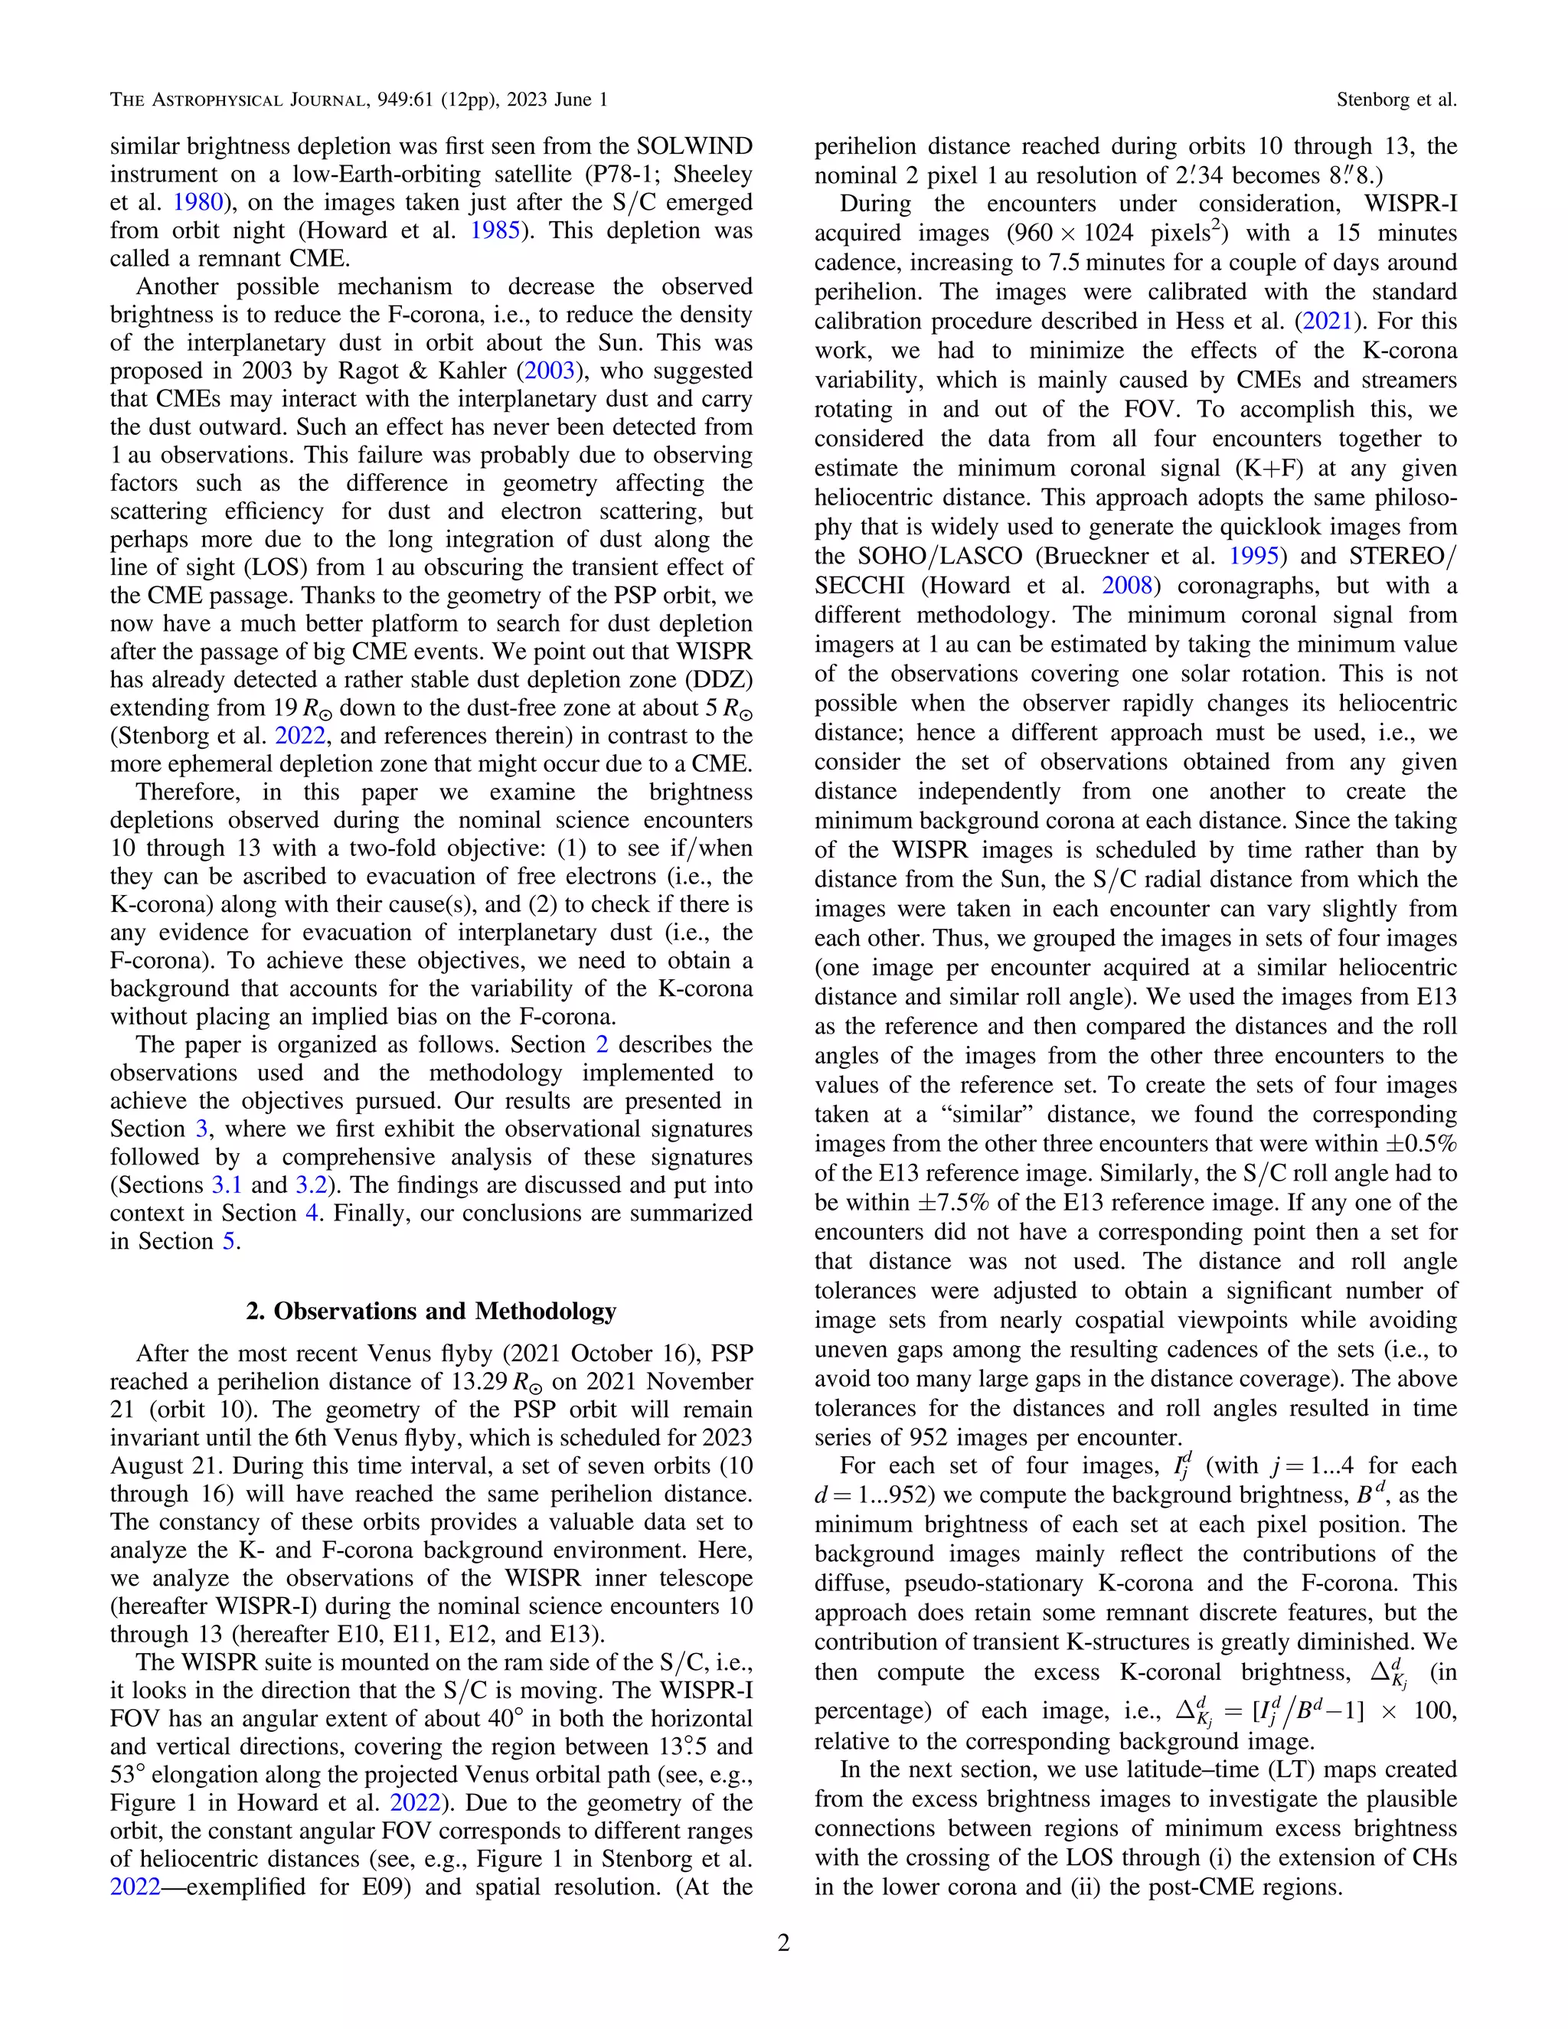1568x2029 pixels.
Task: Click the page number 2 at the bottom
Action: [x=783, y=1942]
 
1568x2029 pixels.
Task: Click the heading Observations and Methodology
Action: [x=431, y=1311]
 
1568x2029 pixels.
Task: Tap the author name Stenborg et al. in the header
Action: [x=1396, y=100]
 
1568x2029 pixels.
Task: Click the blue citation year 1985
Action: [x=495, y=230]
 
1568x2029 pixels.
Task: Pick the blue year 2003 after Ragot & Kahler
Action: [x=550, y=371]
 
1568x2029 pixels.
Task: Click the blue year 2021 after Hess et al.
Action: [x=1327, y=322]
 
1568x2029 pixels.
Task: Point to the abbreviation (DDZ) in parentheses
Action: [x=719, y=680]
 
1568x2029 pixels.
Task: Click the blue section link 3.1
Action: [x=227, y=1185]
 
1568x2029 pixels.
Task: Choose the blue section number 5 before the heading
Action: [x=228, y=1241]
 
